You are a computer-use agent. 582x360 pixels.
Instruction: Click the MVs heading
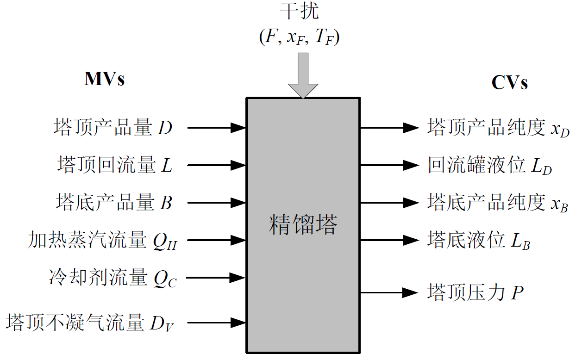coord(104,79)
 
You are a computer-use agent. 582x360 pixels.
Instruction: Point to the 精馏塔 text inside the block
coord(303,225)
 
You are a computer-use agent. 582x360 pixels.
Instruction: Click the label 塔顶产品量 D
coord(113,127)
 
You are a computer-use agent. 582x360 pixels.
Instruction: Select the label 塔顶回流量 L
coord(115,165)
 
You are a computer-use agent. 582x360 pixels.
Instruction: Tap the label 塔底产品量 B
coord(114,203)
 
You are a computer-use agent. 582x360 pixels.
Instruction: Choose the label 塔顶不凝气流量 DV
coord(91,323)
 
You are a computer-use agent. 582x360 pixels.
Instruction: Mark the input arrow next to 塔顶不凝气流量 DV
coord(216,322)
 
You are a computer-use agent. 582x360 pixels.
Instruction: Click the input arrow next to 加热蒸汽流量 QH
coord(216,240)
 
